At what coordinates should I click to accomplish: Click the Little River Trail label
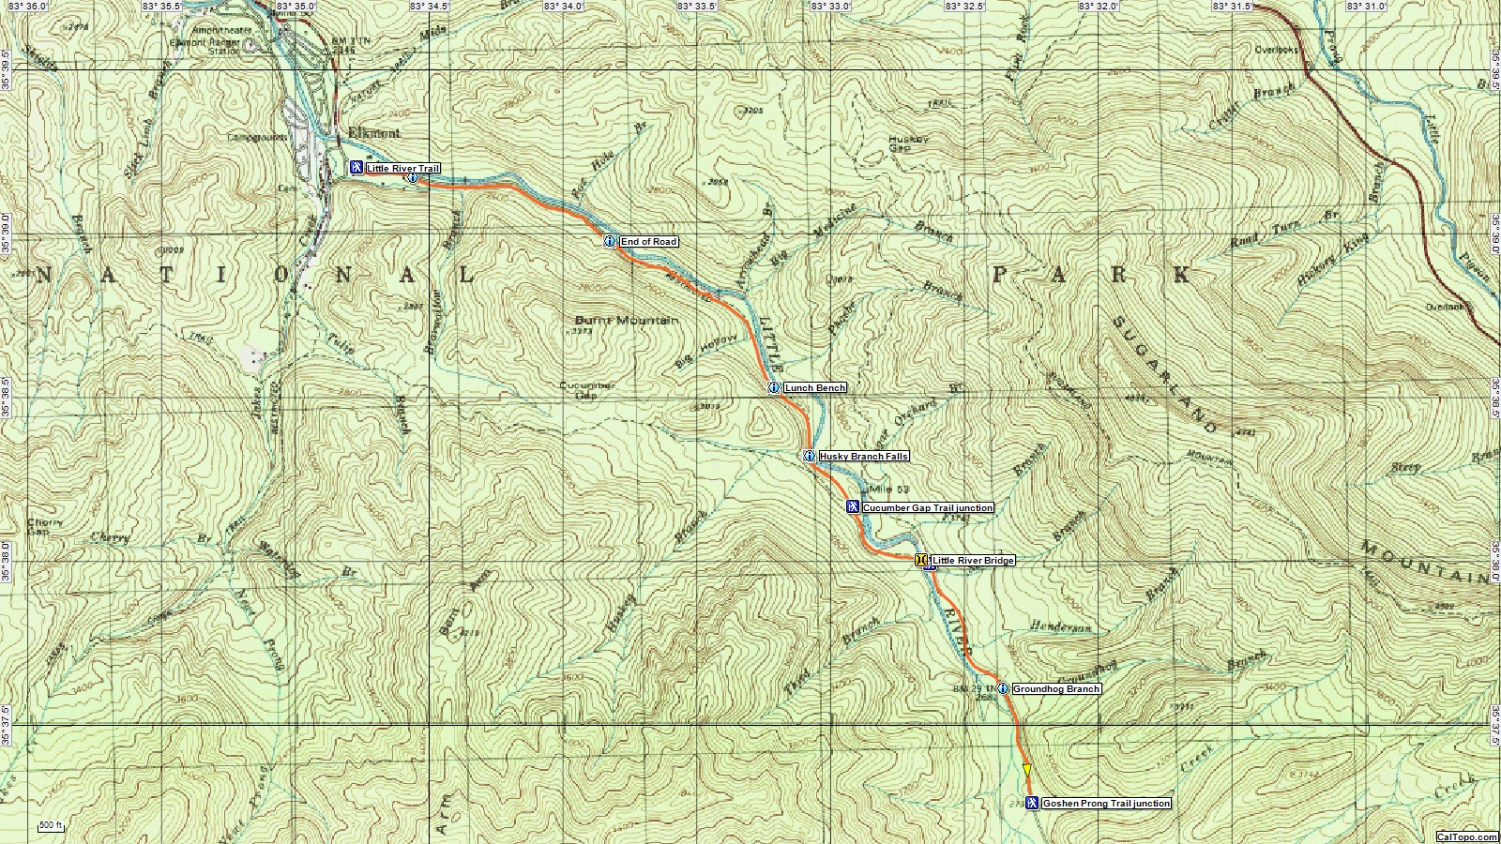pos(402,169)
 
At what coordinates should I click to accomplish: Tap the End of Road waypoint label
pos(648,242)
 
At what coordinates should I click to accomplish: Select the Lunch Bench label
pos(814,388)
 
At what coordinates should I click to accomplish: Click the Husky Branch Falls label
pos(863,457)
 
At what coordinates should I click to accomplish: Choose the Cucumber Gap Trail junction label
pos(927,508)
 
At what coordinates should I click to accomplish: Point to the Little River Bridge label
pos(973,561)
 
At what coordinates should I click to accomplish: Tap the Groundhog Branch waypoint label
pos(1055,689)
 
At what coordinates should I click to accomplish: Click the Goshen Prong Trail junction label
pos(1106,804)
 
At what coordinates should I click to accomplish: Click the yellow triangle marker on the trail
pos(1026,770)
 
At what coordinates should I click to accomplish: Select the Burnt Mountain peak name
pos(626,321)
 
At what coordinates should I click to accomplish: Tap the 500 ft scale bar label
pos(51,826)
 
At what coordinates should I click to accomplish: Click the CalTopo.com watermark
pos(1466,836)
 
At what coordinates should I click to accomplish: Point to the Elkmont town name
pos(373,133)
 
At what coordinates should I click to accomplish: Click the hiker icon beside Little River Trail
pos(356,168)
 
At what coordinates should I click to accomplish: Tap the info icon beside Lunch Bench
pos(774,388)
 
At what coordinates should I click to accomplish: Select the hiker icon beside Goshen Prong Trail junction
pos(1032,803)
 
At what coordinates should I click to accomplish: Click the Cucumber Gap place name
pos(587,390)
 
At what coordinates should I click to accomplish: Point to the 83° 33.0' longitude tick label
pos(831,7)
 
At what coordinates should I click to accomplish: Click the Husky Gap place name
pos(907,143)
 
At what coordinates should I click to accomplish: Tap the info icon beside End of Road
pos(610,242)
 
